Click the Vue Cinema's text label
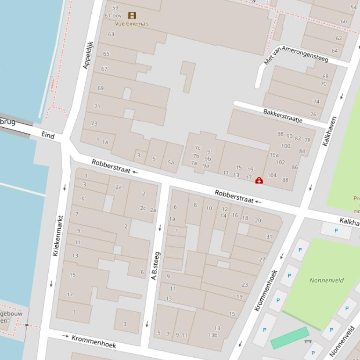pyautogui.click(x=132, y=23)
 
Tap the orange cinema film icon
pyautogui.click(x=132, y=15)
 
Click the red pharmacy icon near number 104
pyautogui.click(x=259, y=180)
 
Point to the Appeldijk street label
pyautogui.click(x=88, y=55)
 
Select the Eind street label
pyautogui.click(x=48, y=135)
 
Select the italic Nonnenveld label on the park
pyautogui.click(x=326, y=281)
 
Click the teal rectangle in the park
pyautogui.click(x=290, y=338)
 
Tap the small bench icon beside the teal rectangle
pyautogui.click(x=308, y=342)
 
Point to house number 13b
pyautogui.click(x=213, y=335)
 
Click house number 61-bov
pyautogui.click(x=113, y=15)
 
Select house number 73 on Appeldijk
pyautogui.click(x=94, y=123)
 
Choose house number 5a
pyautogui.click(x=171, y=163)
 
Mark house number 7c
pyautogui.click(x=198, y=148)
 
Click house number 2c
pyautogui.click(x=143, y=208)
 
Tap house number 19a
pyautogui.click(x=274, y=155)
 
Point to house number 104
pyautogui.click(x=272, y=175)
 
